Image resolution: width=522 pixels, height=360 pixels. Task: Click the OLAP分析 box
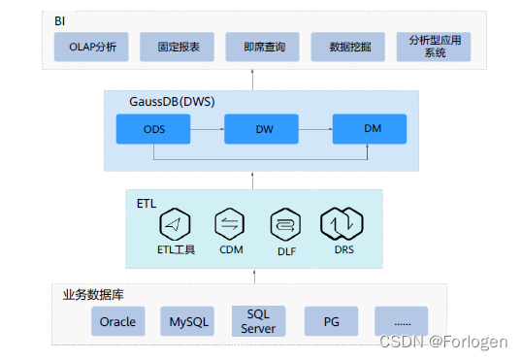(92, 47)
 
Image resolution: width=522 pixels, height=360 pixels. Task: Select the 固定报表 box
(177, 47)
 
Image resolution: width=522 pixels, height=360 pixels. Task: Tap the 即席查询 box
(262, 47)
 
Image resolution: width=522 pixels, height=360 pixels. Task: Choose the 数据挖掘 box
(347, 47)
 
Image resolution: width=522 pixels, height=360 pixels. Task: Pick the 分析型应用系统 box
(434, 47)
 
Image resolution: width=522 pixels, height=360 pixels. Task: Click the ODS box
(153, 127)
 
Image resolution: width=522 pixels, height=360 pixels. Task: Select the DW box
(262, 127)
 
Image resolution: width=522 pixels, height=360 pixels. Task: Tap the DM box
(372, 127)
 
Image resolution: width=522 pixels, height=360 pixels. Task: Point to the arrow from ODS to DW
(207, 127)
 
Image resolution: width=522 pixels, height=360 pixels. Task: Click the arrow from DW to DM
(316, 127)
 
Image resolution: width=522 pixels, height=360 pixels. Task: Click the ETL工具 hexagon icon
(177, 223)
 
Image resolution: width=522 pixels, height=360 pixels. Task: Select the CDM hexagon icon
(231, 223)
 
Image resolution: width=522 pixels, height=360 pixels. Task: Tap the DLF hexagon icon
(285, 223)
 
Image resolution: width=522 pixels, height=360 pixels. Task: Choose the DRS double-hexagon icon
(343, 223)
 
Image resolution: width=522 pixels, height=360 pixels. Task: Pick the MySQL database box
(190, 321)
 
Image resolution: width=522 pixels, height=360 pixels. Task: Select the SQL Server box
(260, 321)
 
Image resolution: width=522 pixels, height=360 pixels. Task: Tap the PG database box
(331, 321)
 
